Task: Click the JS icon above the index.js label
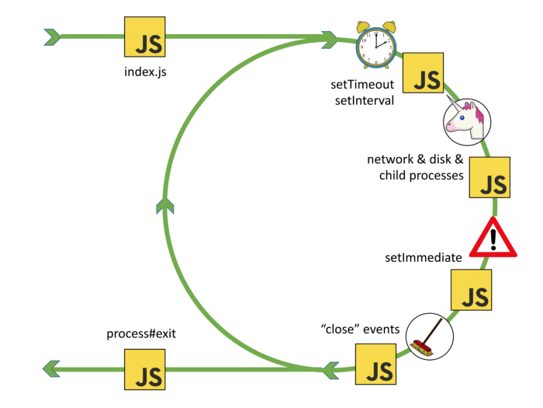pyautogui.click(x=147, y=37)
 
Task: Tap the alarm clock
pyautogui.click(x=375, y=44)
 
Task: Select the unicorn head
pyautogui.click(x=465, y=119)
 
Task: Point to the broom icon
pyautogui.click(x=429, y=335)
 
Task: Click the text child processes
pyautogui.click(x=420, y=176)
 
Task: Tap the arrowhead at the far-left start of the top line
pyautogui.click(x=53, y=36)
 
